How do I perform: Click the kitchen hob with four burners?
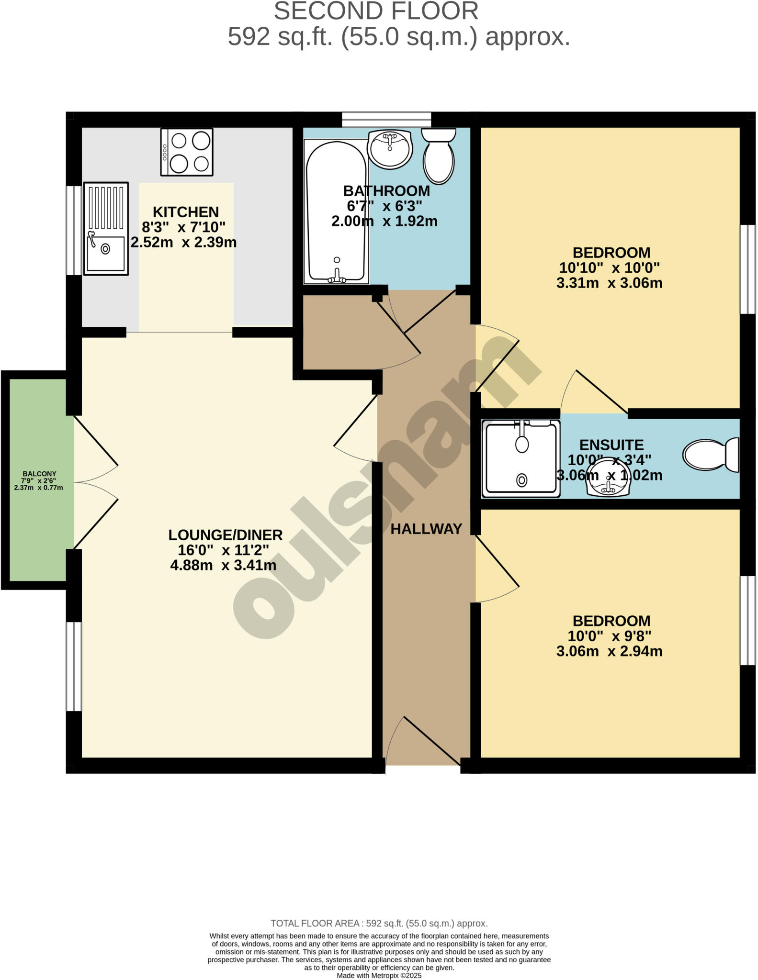tap(187, 152)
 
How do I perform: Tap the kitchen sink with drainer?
tap(106, 229)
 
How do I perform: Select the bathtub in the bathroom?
tap(336, 212)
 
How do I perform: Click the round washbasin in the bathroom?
tap(390, 149)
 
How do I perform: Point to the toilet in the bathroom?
tap(439, 155)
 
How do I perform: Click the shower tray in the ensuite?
tap(521, 459)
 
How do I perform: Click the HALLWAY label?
tap(426, 529)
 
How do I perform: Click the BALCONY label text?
tap(39, 474)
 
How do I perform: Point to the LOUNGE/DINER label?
tap(226, 535)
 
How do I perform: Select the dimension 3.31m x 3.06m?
tap(609, 283)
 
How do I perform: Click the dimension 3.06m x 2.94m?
tap(609, 651)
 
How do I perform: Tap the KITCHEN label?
tap(186, 212)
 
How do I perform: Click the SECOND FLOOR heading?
tap(376, 11)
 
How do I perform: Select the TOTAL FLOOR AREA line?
tap(379, 924)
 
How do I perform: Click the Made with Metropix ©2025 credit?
tap(379, 975)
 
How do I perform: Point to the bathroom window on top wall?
tap(386, 119)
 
